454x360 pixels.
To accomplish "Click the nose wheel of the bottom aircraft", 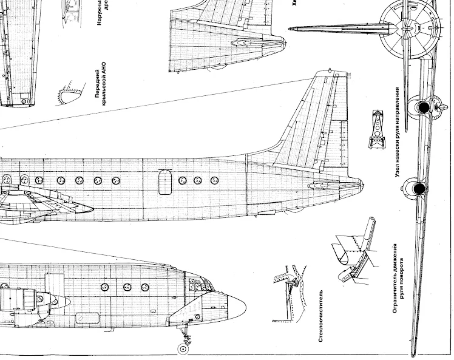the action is (183, 348).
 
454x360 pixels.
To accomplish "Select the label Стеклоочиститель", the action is (321, 316).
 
